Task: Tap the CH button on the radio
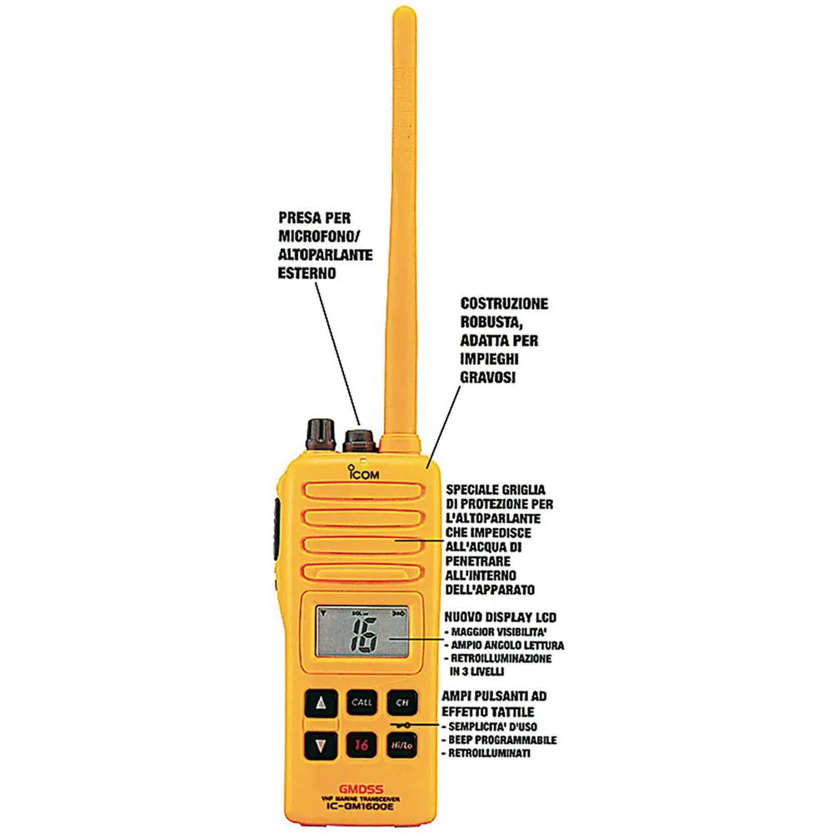(402, 702)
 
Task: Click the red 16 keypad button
(362, 745)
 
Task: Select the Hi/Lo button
(402, 745)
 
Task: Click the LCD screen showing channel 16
(362, 631)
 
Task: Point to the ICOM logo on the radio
(363, 472)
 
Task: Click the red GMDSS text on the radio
(362, 790)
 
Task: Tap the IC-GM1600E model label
(360, 806)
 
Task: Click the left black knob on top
(321, 435)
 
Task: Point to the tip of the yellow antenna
(404, 8)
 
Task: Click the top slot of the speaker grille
(365, 491)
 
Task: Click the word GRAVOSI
(487, 377)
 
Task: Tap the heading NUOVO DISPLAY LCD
(501, 617)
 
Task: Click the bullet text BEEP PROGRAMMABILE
(502, 740)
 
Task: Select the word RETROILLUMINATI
(489, 753)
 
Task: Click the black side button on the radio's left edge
(277, 529)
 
